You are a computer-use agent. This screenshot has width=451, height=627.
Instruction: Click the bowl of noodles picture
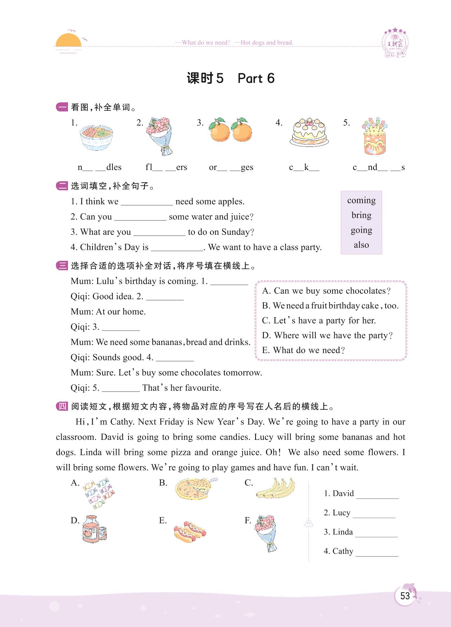(96, 137)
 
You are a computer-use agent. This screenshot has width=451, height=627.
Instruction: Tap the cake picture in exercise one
(309, 132)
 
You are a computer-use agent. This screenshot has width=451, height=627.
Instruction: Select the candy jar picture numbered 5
(374, 137)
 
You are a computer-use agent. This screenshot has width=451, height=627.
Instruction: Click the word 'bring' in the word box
(361, 215)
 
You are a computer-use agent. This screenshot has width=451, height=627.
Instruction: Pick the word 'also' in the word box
(361, 245)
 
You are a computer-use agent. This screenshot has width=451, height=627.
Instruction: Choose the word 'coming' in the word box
(361, 200)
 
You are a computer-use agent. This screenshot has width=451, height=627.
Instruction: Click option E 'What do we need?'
(303, 350)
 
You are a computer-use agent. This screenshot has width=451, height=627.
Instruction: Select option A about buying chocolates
(326, 291)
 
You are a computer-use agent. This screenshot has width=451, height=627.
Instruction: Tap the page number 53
(405, 596)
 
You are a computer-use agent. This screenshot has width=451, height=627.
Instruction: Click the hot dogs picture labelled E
(190, 531)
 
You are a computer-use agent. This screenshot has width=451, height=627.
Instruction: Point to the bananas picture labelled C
(275, 488)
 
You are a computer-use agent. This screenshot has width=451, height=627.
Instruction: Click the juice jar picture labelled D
(94, 529)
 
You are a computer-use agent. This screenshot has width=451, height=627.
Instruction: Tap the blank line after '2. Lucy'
(374, 514)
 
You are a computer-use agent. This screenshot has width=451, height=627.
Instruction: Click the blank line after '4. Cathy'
(377, 553)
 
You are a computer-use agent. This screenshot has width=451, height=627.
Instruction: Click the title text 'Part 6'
(256, 79)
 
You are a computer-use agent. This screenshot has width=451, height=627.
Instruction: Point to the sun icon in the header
(69, 40)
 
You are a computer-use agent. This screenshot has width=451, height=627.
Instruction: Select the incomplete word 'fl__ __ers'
(166, 168)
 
